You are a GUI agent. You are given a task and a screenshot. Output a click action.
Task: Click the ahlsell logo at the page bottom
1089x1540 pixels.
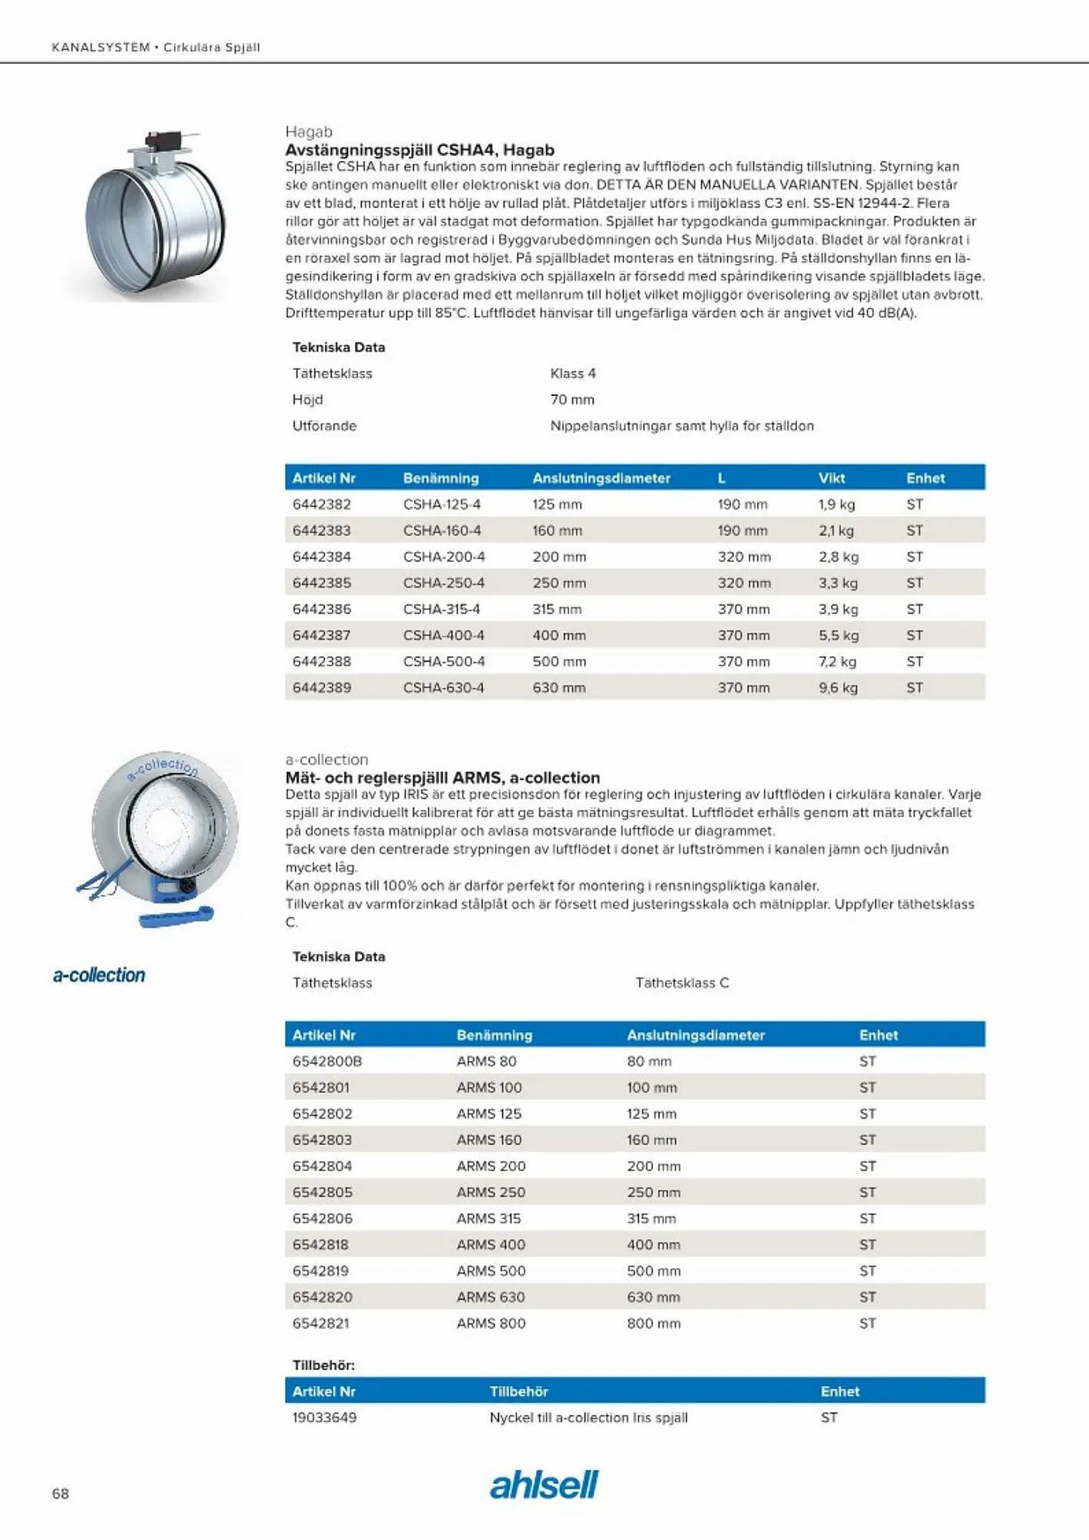pyautogui.click(x=544, y=1485)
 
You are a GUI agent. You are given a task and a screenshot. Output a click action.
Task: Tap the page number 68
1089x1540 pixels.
pyautogui.click(x=60, y=1493)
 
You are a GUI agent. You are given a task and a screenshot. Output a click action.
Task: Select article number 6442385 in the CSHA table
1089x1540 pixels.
pyautogui.click(x=322, y=583)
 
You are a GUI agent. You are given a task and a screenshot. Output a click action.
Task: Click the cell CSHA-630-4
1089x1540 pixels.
pyautogui.click(x=444, y=688)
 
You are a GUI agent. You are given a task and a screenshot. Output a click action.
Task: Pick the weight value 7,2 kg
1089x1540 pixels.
pyautogui.click(x=837, y=661)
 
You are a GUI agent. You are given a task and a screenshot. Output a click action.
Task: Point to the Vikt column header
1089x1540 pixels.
pyautogui.click(x=832, y=478)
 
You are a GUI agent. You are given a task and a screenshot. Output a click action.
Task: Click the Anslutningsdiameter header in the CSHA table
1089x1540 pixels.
pyautogui.click(x=601, y=478)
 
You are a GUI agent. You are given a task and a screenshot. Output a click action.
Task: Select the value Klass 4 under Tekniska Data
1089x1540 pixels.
pyautogui.click(x=573, y=373)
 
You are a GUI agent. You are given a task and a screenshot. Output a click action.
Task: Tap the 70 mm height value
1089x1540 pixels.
pyautogui.click(x=572, y=400)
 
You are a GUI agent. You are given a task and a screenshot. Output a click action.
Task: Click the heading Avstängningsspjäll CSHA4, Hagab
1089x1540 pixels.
pyautogui.click(x=420, y=150)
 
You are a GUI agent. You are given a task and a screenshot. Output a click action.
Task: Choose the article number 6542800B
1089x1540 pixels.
pyautogui.click(x=327, y=1061)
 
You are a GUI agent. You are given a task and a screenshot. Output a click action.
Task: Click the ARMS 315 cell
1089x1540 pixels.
pyautogui.click(x=489, y=1218)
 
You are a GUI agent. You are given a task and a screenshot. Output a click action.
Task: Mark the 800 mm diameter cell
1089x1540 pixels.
pyautogui.click(x=654, y=1323)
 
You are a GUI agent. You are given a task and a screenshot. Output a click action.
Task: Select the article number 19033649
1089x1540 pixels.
pyautogui.click(x=324, y=1417)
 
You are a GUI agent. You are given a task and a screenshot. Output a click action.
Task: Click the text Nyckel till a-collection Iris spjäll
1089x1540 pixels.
pyautogui.click(x=588, y=1417)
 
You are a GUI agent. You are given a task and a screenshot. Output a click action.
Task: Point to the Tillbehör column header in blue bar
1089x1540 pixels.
pyautogui.click(x=519, y=1391)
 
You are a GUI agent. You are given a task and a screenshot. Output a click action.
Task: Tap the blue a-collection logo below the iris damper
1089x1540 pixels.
pyautogui.click(x=99, y=975)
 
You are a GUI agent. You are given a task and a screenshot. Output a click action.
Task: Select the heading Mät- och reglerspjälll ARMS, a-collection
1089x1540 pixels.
pyautogui.click(x=442, y=778)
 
